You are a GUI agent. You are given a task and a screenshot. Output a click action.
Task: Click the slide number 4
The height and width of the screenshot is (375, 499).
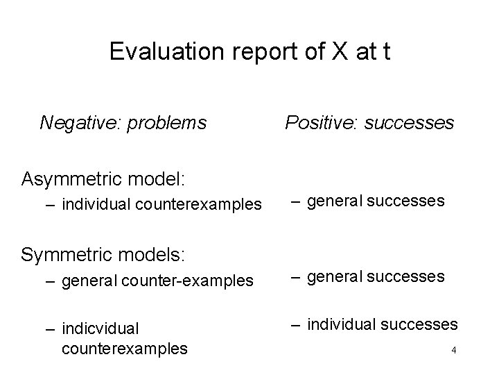[453, 350]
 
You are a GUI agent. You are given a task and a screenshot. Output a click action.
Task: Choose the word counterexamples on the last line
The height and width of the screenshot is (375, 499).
[124, 349]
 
